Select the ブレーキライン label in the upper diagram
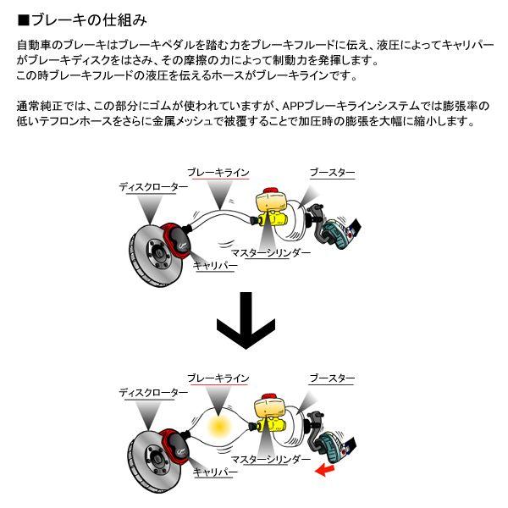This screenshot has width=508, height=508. (218, 172)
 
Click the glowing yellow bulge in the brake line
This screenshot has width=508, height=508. (224, 421)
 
